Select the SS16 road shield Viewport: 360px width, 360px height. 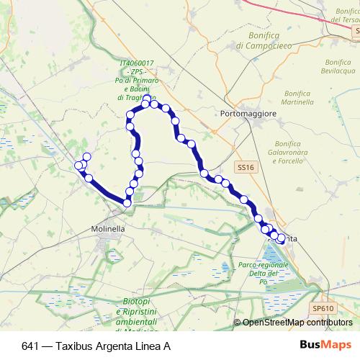(x=246, y=167)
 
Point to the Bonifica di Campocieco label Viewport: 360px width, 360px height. (x=263, y=40)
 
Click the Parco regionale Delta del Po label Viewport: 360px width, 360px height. (x=263, y=274)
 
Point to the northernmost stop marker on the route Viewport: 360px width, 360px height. (x=146, y=99)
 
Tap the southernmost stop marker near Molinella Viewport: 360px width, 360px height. (x=127, y=203)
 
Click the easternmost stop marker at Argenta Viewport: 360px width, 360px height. (x=281, y=240)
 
